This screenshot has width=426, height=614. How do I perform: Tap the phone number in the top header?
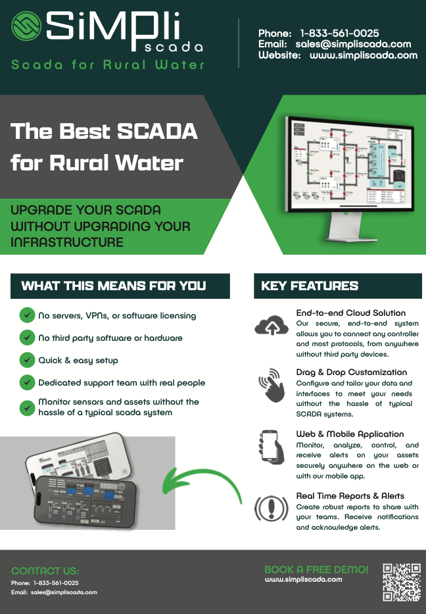click(x=339, y=33)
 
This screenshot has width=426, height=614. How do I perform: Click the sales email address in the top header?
click(x=353, y=44)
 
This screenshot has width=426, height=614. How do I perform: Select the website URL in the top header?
click(x=364, y=55)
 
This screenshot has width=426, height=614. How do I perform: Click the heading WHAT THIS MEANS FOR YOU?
click(x=114, y=286)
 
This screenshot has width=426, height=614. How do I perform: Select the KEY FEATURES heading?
click(x=310, y=286)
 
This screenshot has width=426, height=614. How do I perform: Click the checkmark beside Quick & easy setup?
click(x=27, y=360)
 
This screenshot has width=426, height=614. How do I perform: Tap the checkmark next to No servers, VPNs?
click(x=27, y=315)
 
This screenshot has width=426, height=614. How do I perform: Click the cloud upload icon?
click(x=270, y=326)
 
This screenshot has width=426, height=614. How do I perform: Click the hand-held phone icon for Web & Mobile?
click(x=270, y=448)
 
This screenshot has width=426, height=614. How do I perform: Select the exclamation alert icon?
click(x=270, y=508)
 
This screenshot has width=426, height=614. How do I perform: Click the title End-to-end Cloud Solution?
click(x=351, y=313)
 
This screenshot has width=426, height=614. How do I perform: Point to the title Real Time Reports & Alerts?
click(x=350, y=496)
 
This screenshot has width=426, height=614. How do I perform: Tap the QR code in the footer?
click(x=402, y=582)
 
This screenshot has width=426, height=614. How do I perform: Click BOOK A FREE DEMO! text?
click(x=316, y=569)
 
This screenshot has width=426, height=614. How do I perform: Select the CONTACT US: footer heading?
click(x=45, y=571)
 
